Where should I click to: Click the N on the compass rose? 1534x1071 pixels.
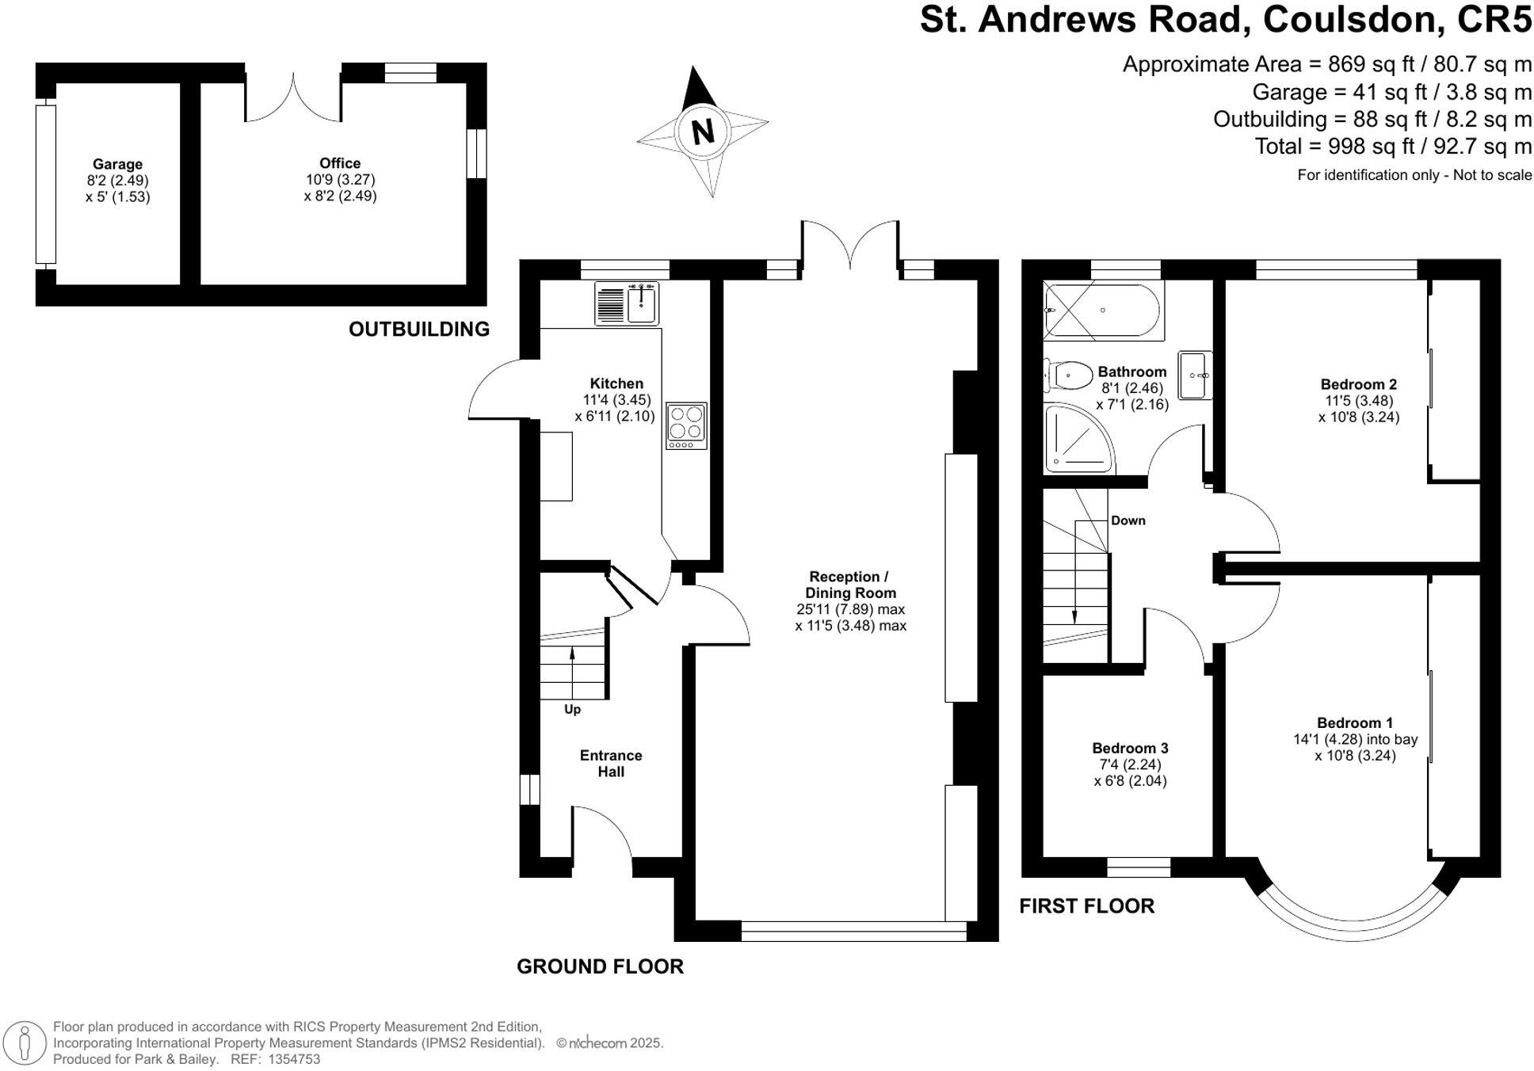coord(703,131)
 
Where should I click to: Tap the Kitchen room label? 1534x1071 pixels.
coord(616,383)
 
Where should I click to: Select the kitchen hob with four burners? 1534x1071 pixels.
coord(686,425)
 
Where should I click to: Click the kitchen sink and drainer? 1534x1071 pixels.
coord(626,303)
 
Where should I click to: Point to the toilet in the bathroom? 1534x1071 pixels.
coord(1067,375)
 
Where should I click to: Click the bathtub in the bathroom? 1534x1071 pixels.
coord(1103,311)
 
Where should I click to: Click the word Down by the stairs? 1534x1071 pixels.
coord(1128,520)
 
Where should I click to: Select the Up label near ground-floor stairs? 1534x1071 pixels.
coord(572,709)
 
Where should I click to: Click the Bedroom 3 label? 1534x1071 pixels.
coord(1130,748)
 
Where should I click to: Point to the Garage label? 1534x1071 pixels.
coord(117,164)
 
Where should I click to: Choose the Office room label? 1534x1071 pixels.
coord(340,163)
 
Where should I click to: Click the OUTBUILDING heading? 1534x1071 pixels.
coord(419,329)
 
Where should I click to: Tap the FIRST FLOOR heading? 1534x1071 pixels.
coord(1086,905)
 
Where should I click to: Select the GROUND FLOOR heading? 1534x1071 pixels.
coord(600,966)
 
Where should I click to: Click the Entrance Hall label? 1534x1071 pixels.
coord(611,763)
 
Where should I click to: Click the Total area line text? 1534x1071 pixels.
coord(1393,147)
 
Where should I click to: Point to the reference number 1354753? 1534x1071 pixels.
coord(295,1059)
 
